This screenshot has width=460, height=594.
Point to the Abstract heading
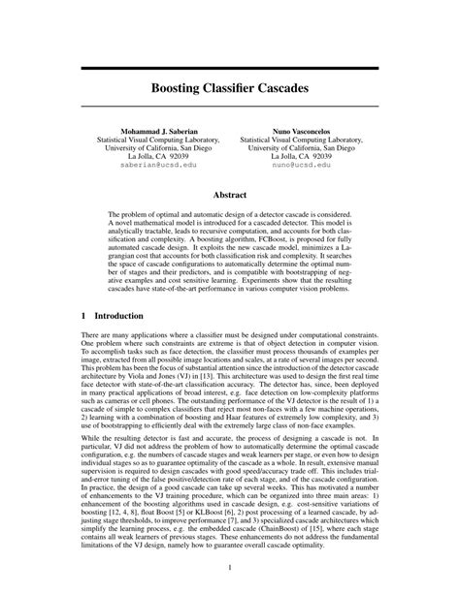230,195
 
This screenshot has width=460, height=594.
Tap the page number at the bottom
230,567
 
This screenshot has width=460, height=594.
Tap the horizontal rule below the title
230,108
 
